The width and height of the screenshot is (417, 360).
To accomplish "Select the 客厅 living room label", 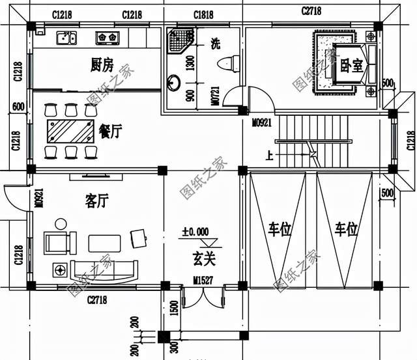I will pos(96,200).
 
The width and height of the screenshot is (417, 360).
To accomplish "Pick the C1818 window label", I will pos(204,15).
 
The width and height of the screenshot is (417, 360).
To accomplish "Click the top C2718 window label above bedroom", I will pos(313,11).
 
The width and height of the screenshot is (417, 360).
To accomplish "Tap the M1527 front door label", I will pos(203,281).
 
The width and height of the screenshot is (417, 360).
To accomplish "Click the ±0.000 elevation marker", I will pos(195,232).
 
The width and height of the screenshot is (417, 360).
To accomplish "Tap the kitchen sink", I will pos(66,38).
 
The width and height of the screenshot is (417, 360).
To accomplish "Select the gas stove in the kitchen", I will pos(106,38).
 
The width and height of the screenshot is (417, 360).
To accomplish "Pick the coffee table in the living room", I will pos(104,243).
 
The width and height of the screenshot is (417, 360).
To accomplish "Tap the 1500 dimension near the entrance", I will pos(174,308).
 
